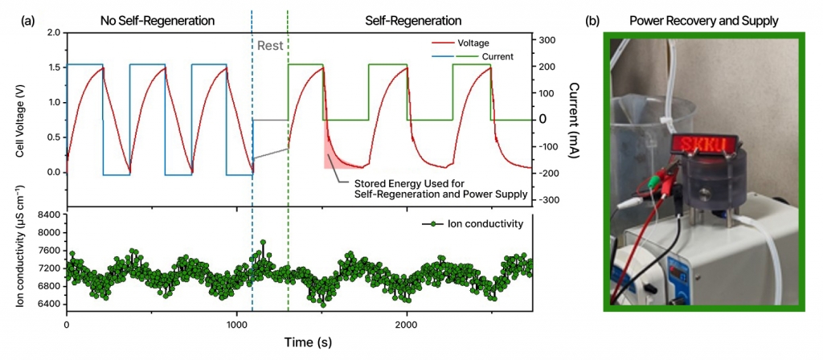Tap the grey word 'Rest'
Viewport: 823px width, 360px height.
click(270, 46)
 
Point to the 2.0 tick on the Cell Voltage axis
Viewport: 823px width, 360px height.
click(53, 33)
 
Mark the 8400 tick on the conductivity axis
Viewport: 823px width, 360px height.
click(47, 215)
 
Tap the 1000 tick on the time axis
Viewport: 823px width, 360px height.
click(235, 325)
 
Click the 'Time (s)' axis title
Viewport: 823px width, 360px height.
click(308, 342)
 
